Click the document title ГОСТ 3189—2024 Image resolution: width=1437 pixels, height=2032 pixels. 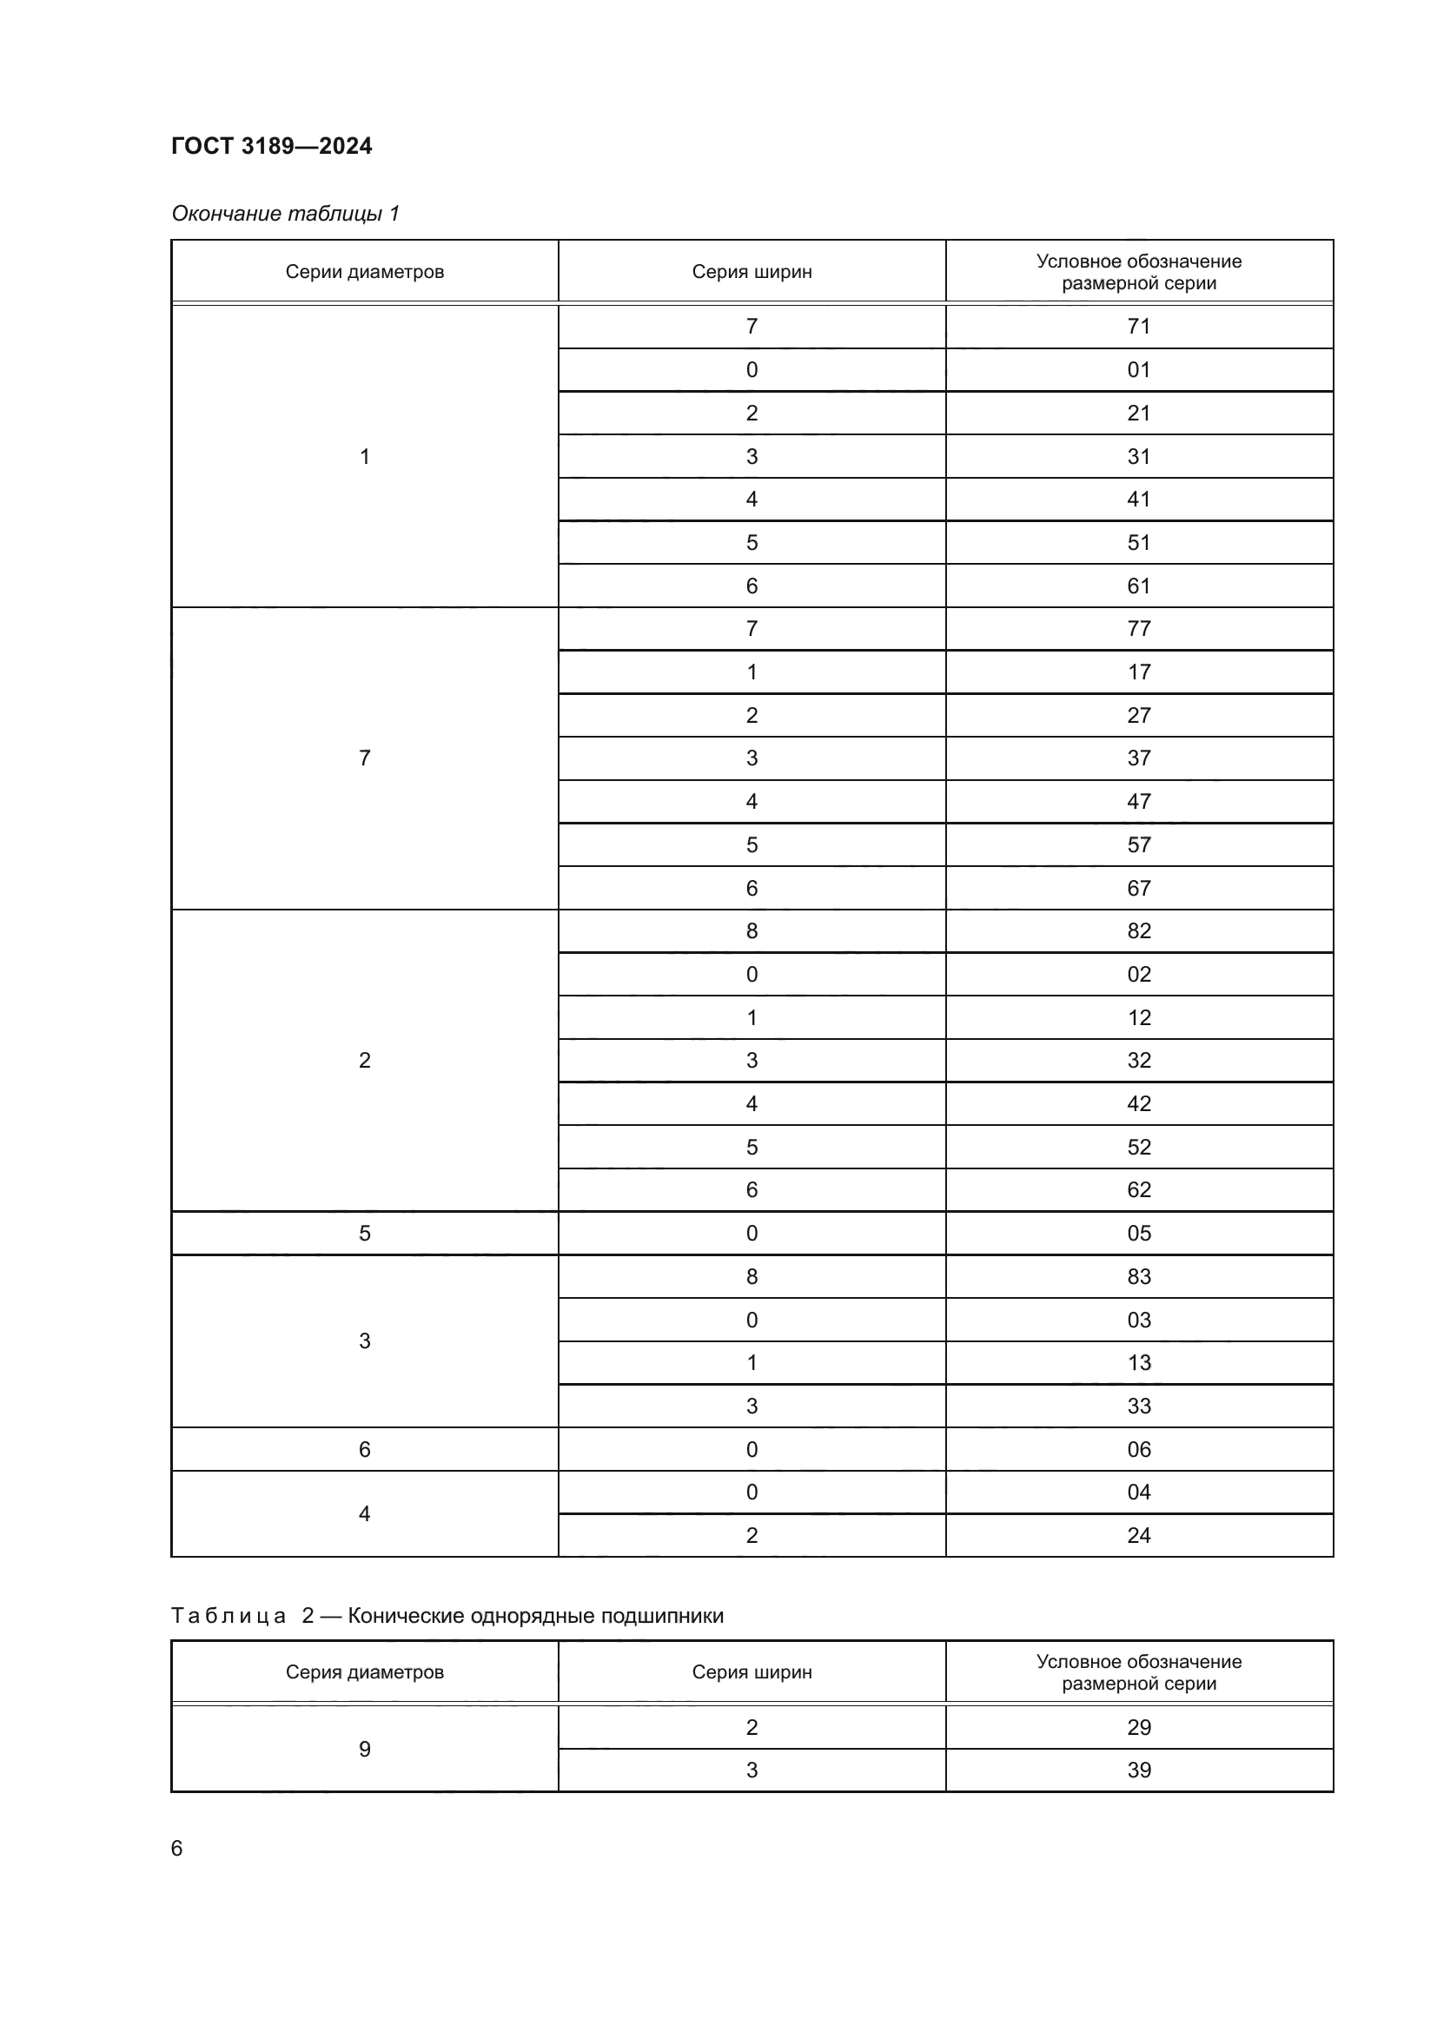pyautogui.click(x=272, y=146)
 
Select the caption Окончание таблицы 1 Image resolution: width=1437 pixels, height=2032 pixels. pyautogui.click(x=285, y=214)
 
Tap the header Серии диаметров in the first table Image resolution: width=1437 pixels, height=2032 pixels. pyautogui.click(x=365, y=272)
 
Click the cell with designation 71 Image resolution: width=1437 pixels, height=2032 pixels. pyautogui.click(x=1139, y=327)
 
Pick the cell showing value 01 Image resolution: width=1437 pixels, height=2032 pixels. pyautogui.click(x=1139, y=370)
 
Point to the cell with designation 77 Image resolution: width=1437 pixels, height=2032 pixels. pyautogui.click(x=1139, y=628)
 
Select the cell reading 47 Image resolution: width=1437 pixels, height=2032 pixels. pyautogui.click(x=1139, y=801)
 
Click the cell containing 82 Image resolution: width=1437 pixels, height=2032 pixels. pyautogui.click(x=1139, y=931)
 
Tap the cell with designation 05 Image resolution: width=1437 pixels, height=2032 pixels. pyautogui.click(x=1139, y=1233)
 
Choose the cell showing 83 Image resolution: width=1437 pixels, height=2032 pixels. pyautogui.click(x=1139, y=1276)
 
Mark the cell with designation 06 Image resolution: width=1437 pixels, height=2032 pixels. pyautogui.click(x=1139, y=1449)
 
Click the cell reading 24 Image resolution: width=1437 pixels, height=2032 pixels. pyautogui.click(x=1139, y=1535)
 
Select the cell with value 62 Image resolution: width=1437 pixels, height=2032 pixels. pyautogui.click(x=1139, y=1189)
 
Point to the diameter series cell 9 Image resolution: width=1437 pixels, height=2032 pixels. pyautogui.click(x=365, y=1749)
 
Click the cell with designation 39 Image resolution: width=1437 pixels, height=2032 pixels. pyautogui.click(x=1139, y=1770)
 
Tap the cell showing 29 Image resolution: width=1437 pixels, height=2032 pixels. pyautogui.click(x=1139, y=1727)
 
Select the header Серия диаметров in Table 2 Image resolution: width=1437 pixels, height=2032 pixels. pyautogui.click(x=365, y=1671)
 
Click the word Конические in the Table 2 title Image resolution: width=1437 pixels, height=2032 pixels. pyautogui.click(x=404, y=1616)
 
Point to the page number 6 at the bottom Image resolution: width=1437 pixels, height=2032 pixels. pyautogui.click(x=177, y=1848)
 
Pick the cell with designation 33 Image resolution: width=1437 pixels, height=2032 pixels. pyautogui.click(x=1139, y=1406)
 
